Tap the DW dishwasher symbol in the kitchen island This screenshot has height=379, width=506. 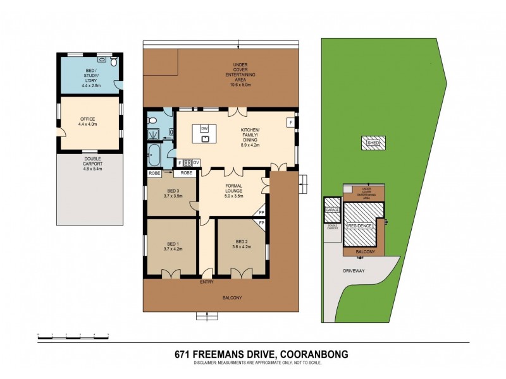pos(204,128)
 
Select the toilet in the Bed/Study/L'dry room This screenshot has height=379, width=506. pos(113,63)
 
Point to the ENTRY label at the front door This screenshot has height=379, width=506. pos(207,282)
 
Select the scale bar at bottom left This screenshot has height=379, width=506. pos(73,334)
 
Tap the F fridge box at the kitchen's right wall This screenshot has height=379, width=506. pos(290,122)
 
